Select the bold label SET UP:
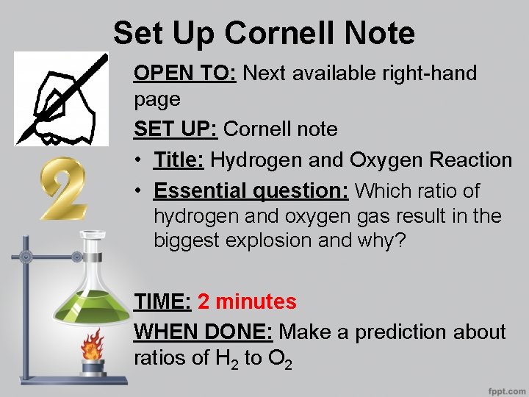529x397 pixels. pyautogui.click(x=176, y=129)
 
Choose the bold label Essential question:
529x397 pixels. pyautogui.click(x=251, y=191)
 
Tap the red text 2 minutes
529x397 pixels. pyautogui.click(x=248, y=301)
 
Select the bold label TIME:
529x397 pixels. pyautogui.click(x=162, y=301)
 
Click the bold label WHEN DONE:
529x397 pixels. pyautogui.click(x=203, y=332)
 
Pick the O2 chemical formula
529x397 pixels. pyautogui.click(x=283, y=360)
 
